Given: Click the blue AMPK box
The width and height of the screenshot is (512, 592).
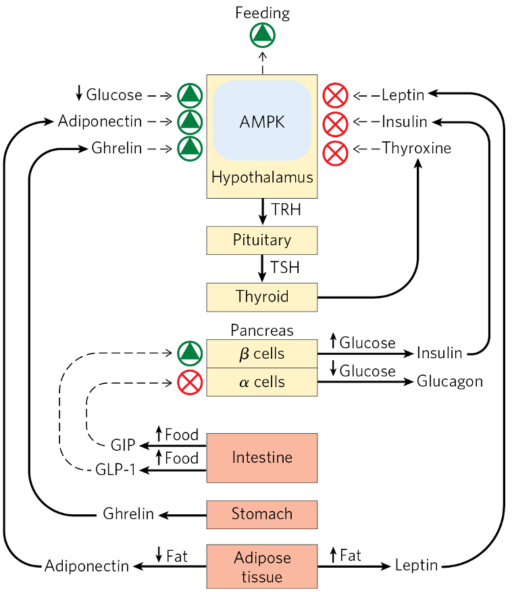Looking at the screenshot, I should click(x=262, y=122).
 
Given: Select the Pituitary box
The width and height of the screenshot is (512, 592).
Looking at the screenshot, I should click(x=261, y=240).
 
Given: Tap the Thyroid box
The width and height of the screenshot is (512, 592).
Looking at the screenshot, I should click(x=261, y=296).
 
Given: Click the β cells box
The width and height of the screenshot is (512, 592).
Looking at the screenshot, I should click(x=261, y=353).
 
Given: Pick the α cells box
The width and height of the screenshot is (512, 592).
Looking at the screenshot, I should click(x=261, y=382).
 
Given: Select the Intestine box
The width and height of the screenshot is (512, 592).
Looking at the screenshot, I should click(x=261, y=458).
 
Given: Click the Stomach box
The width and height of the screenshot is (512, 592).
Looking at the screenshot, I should click(x=261, y=514).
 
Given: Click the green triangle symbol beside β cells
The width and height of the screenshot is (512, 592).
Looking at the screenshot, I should click(x=190, y=353).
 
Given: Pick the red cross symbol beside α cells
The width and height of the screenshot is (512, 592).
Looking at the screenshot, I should click(x=190, y=383).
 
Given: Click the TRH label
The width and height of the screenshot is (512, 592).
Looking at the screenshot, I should click(x=286, y=210).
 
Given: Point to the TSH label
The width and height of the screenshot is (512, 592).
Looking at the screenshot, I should click(x=286, y=268).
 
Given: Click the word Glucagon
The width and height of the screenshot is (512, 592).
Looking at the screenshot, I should click(x=450, y=382).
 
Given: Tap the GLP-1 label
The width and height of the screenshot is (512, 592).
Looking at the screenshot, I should click(x=114, y=471).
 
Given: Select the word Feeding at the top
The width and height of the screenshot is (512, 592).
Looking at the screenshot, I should click(x=262, y=13).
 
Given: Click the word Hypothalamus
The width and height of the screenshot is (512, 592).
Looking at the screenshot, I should click(x=262, y=178).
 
